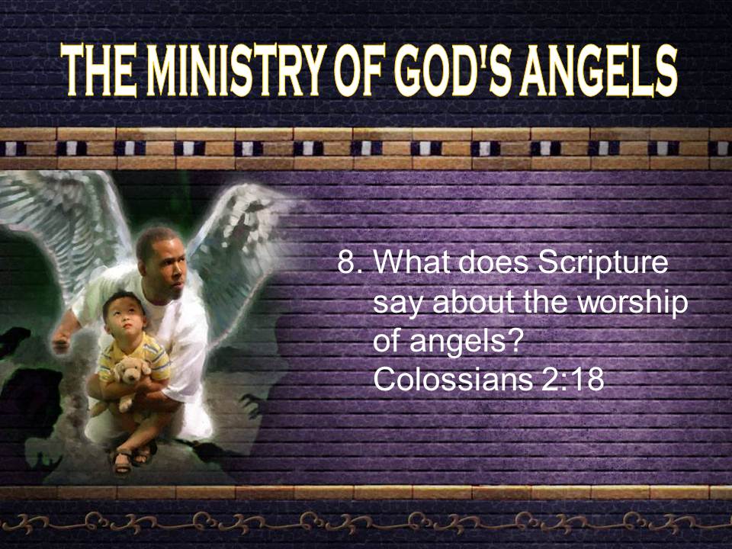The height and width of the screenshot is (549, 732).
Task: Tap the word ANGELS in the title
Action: (x=599, y=71)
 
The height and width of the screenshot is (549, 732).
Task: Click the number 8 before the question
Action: (x=345, y=263)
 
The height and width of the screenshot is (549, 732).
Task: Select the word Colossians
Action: (x=453, y=380)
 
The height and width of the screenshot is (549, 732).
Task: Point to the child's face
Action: (x=125, y=316)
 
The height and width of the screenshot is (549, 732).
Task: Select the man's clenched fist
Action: (x=61, y=342)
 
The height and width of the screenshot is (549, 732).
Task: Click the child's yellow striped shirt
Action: (x=136, y=356)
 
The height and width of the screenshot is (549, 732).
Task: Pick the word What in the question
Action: (x=413, y=263)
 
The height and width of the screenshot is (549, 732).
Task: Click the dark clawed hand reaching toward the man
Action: (x=252, y=404)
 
